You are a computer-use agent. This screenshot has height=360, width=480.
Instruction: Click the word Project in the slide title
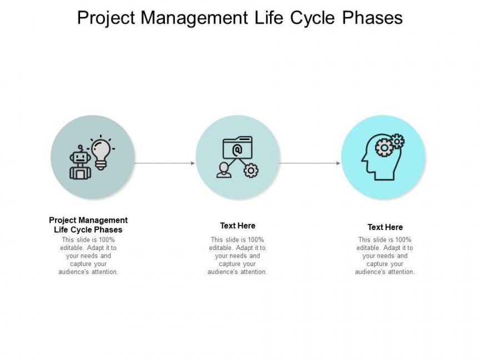[x=106, y=18]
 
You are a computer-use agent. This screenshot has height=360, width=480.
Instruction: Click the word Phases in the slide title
[x=372, y=18]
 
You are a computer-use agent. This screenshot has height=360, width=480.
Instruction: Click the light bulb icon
[x=101, y=152]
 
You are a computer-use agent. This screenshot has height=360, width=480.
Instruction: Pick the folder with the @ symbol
[x=238, y=148]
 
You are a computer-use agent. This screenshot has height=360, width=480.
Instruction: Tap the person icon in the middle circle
[x=224, y=170]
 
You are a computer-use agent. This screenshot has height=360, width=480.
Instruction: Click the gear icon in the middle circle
[x=251, y=171]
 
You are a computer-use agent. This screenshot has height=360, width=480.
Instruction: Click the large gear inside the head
[x=384, y=148]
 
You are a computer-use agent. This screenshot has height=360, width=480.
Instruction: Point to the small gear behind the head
[x=397, y=141]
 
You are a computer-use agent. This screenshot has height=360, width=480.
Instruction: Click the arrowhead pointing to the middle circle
[x=193, y=163]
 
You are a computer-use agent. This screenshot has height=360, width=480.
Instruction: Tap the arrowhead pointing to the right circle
[x=338, y=163]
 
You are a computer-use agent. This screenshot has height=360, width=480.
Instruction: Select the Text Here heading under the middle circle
[x=238, y=226]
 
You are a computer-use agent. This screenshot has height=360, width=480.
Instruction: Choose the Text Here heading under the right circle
[x=385, y=227]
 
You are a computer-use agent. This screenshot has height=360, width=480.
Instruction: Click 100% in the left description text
[x=106, y=239]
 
